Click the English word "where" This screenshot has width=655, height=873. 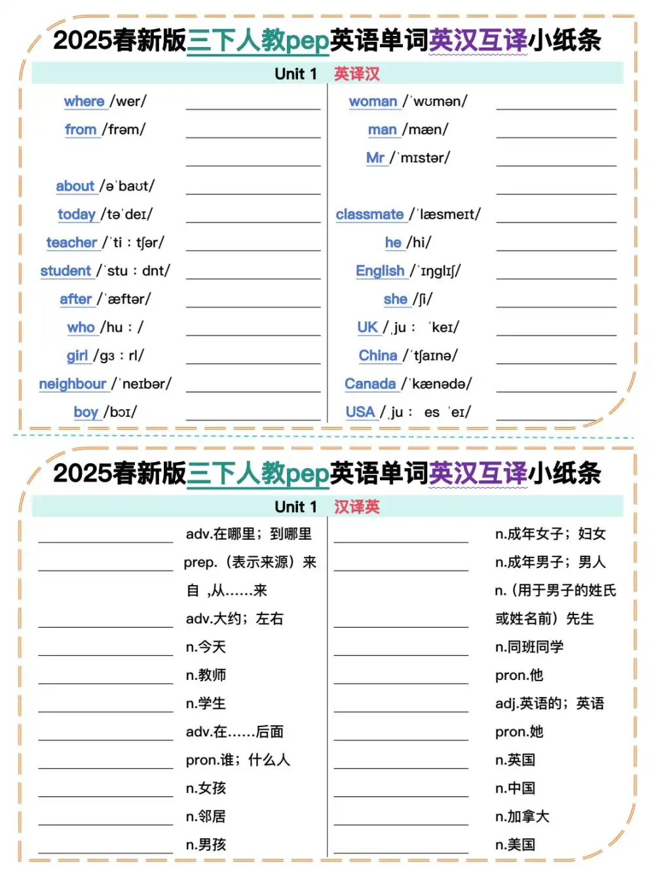coord(84,101)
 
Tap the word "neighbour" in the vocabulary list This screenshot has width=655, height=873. coord(72,384)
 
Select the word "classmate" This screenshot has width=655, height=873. coord(369,215)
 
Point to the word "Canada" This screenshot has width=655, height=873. coord(370,384)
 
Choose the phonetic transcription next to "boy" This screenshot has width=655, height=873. coord(121,412)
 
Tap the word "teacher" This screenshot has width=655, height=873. coord(71,243)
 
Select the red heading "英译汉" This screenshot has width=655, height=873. coord(357,74)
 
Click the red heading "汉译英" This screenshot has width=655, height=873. coord(357,507)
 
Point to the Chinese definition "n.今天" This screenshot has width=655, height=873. coord(206,647)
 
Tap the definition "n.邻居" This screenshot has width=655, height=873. coord(206,817)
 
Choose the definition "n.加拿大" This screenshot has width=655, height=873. coord(522,817)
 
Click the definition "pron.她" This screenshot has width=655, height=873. coord(519,732)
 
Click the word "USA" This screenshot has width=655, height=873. coord(360,412)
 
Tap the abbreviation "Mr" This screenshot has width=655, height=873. coord(375,158)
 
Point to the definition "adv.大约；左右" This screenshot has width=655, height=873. coord(234,619)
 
